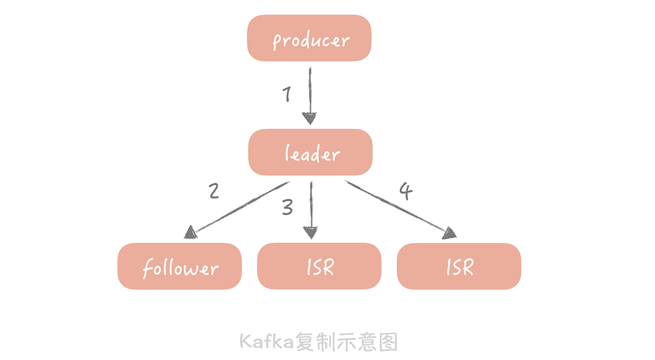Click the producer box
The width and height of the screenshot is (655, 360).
(x=309, y=38)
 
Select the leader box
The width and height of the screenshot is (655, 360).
(x=310, y=152)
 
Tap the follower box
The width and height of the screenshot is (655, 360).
(x=180, y=267)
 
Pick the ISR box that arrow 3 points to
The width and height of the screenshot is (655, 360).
(x=319, y=267)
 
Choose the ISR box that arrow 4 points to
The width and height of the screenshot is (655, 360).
(x=459, y=267)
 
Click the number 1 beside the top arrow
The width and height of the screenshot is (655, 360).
(x=287, y=95)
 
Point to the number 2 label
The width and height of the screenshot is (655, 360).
(x=214, y=190)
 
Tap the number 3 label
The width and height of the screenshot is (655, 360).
(x=287, y=208)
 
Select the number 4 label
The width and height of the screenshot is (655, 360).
(x=406, y=191)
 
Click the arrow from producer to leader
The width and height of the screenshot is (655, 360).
(x=310, y=92)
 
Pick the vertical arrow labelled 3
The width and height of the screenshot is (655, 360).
(x=310, y=204)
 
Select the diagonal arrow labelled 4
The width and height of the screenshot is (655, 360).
(x=396, y=206)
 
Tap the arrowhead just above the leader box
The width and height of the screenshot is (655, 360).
(x=310, y=119)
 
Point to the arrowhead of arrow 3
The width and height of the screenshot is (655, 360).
(x=310, y=232)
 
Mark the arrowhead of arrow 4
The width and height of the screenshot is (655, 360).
(x=450, y=232)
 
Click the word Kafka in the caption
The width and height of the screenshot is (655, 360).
(x=266, y=342)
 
